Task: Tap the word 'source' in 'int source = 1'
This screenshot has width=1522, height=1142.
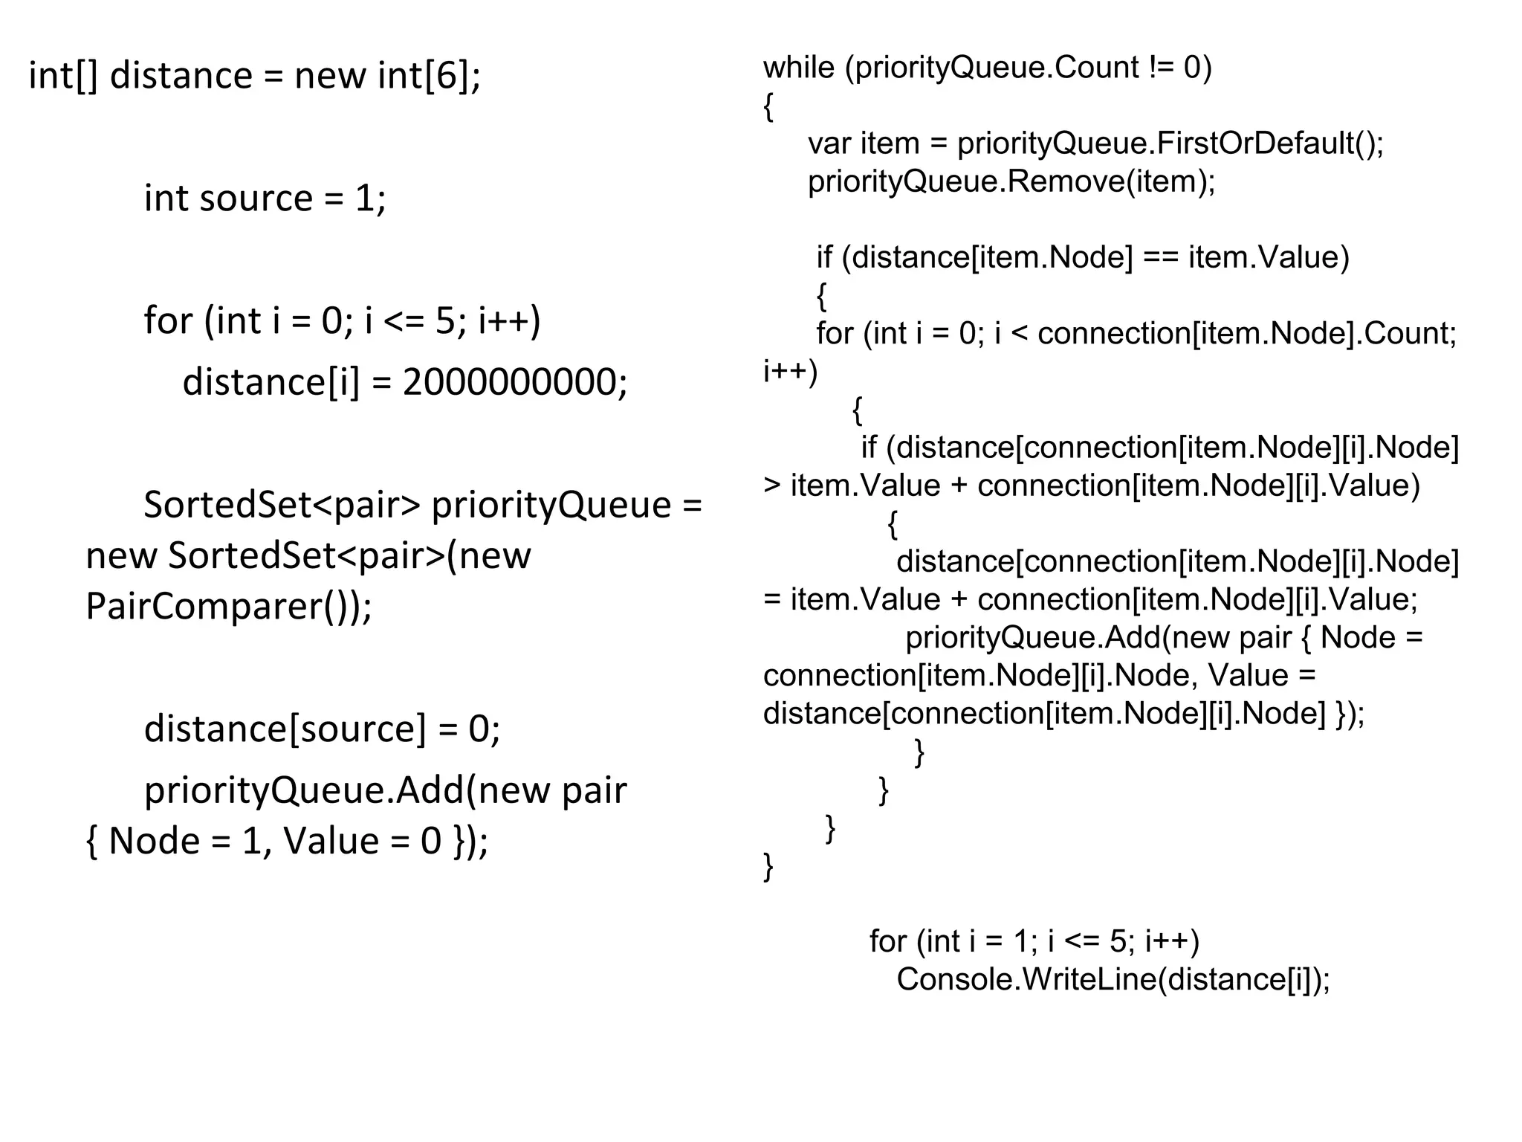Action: click(256, 199)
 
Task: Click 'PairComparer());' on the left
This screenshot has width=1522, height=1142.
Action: click(228, 607)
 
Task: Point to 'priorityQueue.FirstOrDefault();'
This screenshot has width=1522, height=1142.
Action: click(1170, 143)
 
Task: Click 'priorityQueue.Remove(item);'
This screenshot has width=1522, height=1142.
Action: click(1011, 181)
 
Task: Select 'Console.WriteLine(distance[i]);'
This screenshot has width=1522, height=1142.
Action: click(1113, 980)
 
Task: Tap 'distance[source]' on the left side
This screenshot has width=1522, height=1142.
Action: click(285, 729)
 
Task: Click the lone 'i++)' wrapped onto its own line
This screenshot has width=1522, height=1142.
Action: click(790, 371)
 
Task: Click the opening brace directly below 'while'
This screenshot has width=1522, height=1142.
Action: click(768, 108)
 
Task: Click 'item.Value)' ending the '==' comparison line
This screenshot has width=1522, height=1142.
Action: click(1268, 258)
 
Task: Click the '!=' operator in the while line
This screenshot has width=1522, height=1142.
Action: click(1161, 68)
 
